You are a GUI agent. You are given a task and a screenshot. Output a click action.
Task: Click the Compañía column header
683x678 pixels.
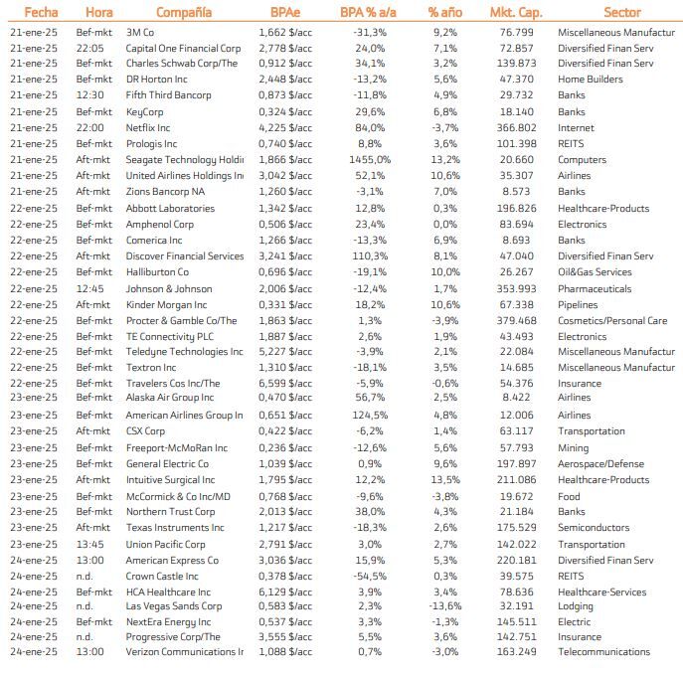tap(183, 13)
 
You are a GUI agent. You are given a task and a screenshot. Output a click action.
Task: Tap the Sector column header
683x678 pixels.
tap(621, 13)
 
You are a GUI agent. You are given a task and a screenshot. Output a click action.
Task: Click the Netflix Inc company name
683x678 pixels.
tap(148, 128)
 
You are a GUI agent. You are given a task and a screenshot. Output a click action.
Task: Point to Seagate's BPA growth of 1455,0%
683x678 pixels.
tap(370, 160)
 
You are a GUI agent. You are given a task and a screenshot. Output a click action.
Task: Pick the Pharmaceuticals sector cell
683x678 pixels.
tap(595, 289)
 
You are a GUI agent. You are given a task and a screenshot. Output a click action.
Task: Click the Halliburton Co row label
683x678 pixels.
tap(157, 272)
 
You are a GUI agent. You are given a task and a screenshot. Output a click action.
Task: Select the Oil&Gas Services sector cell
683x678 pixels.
tap(595, 272)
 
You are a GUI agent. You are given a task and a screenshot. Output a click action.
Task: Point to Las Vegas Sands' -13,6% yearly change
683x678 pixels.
tap(445, 605)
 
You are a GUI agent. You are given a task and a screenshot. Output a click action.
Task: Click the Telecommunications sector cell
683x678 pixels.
tap(603, 652)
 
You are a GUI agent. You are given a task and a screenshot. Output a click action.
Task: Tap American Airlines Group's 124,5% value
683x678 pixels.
tap(370, 416)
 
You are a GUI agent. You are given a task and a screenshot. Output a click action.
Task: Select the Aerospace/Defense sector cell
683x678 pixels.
tap(600, 464)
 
